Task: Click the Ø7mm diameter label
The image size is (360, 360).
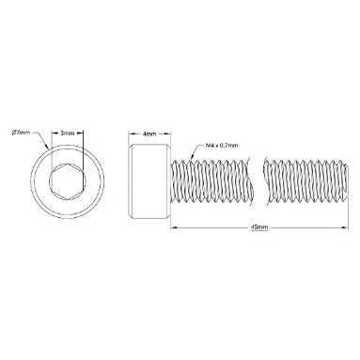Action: click(22, 133)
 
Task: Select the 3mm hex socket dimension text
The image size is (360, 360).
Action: click(68, 133)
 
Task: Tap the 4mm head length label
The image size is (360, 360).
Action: click(149, 133)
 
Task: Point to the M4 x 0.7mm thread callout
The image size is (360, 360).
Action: click(222, 146)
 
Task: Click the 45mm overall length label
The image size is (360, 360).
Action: click(259, 227)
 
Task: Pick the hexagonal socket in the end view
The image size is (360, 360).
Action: click(68, 181)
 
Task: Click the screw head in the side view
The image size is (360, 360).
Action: click(149, 180)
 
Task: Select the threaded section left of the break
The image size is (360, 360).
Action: click(211, 180)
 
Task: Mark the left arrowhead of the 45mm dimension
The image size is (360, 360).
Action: click(173, 227)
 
